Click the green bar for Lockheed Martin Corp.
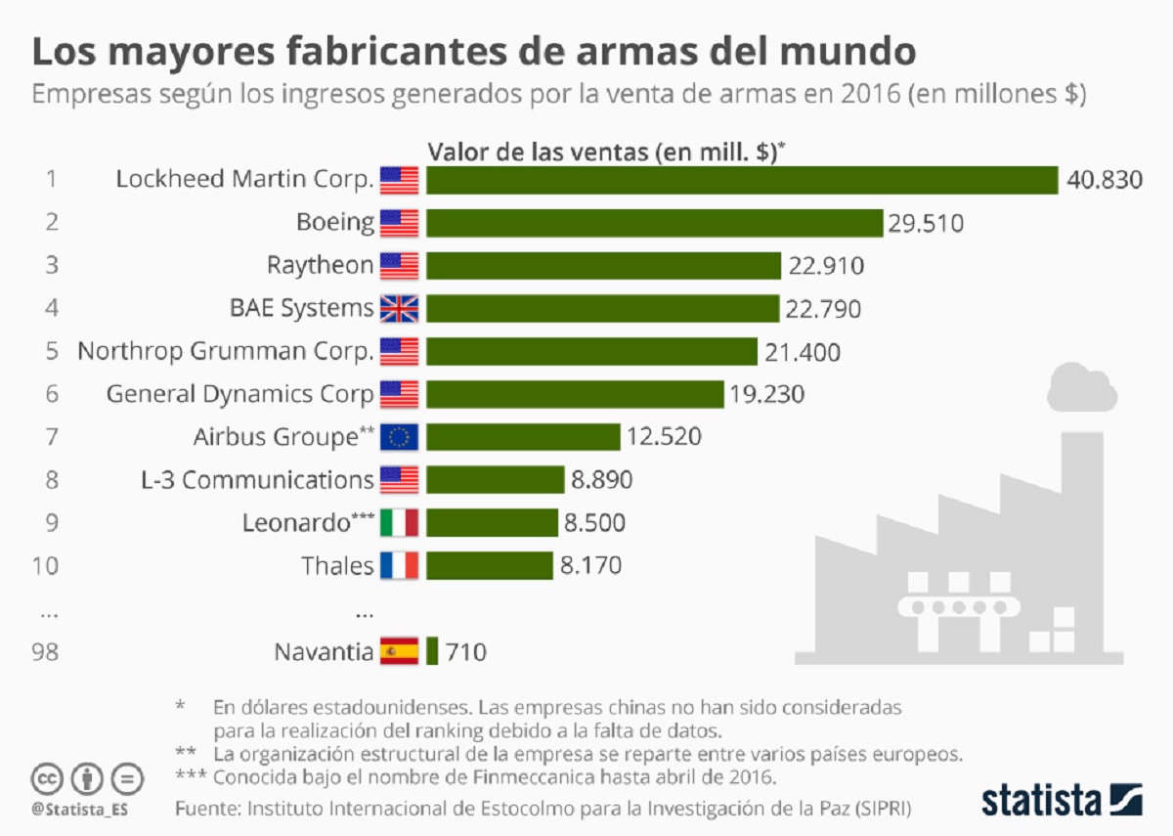[742, 181]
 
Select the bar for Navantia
[432, 651]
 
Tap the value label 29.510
[926, 224]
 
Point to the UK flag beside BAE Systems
[399, 309]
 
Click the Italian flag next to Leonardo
[399, 523]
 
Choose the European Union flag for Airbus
[399, 437]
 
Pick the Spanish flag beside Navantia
[399, 651]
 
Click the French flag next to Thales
[399, 565]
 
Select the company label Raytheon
[321, 266]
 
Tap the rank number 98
[45, 651]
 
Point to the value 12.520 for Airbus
[664, 437]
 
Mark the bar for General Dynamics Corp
[575, 394]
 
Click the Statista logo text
[1044, 799]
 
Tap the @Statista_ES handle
[81, 810]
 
